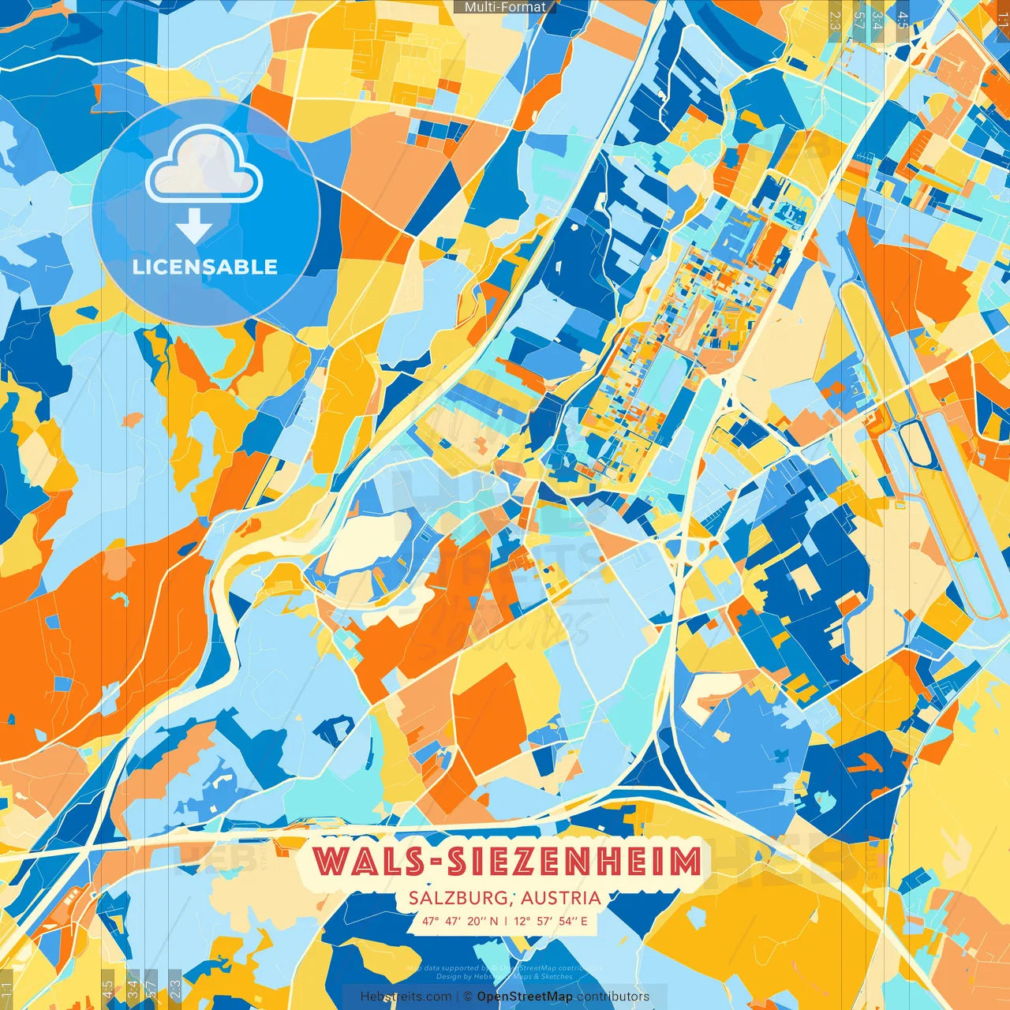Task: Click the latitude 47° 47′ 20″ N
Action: pyautogui.click(x=460, y=921)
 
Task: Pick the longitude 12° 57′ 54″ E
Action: pyautogui.click(x=551, y=921)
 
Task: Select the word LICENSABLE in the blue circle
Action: pyautogui.click(x=205, y=267)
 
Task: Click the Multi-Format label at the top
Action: pyautogui.click(x=505, y=7)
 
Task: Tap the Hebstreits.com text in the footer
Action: pyautogui.click(x=406, y=997)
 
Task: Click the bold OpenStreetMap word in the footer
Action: pyautogui.click(x=525, y=997)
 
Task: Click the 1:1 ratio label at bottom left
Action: pyautogui.click(x=6, y=989)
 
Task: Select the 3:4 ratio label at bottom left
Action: pyautogui.click(x=133, y=989)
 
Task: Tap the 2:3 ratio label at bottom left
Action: pyautogui.click(x=175, y=989)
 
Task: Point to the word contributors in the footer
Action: pyautogui.click(x=613, y=997)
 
